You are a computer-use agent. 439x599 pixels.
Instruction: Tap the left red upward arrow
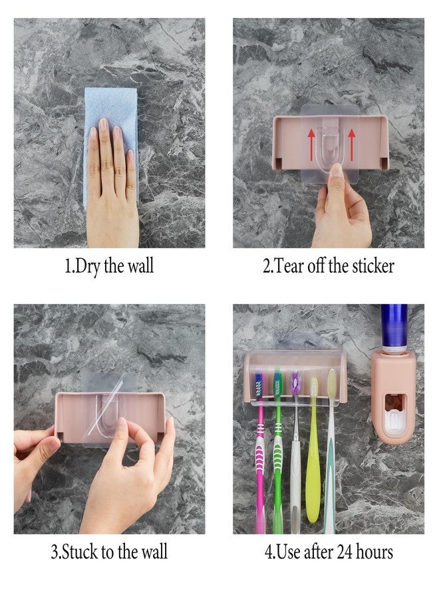point(311,145)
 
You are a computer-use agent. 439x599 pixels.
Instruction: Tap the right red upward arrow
point(352,145)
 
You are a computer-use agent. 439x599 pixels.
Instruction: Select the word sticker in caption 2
point(373,266)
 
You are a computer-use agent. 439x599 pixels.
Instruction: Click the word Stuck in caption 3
point(80,552)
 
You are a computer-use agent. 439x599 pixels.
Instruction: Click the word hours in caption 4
point(374,552)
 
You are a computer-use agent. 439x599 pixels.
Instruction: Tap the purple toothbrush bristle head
point(295,383)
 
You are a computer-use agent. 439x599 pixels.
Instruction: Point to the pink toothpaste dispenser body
point(393,397)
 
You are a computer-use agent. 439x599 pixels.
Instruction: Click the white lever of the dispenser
point(394,423)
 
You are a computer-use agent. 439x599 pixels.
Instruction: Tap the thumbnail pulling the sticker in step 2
point(337,170)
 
